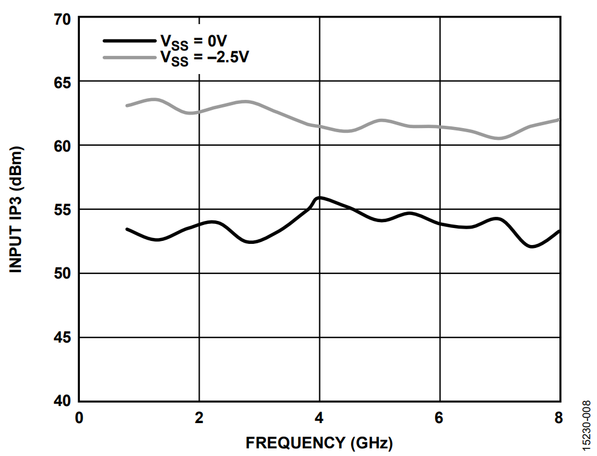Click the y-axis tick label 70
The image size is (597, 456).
point(62,19)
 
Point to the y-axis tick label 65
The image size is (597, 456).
point(62,82)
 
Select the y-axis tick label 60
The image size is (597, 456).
point(62,146)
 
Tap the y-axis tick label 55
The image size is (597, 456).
point(62,210)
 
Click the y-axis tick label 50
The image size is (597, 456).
point(62,274)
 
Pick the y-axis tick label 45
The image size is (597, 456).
point(62,338)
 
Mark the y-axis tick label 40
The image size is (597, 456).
point(62,401)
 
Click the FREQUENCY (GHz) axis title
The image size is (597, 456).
point(319,442)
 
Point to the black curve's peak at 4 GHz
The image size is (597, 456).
point(319,198)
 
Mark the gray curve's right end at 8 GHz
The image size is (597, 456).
point(558,119)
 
